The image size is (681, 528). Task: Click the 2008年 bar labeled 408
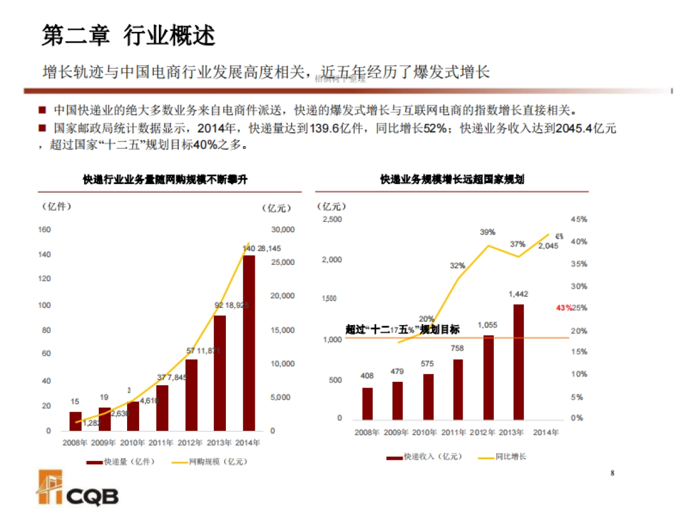367,403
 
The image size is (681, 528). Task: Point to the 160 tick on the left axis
44,230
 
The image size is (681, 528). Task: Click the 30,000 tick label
283,230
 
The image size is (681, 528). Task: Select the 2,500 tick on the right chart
332,219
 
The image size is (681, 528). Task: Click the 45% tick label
578,219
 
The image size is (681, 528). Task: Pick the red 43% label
564,307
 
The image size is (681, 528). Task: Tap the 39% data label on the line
487,232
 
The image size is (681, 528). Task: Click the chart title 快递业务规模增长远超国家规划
452,180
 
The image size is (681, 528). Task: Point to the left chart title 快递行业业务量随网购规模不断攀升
165,180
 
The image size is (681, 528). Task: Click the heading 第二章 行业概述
129,35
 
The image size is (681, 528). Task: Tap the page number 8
612,473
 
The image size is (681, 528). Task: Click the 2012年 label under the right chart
482,433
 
